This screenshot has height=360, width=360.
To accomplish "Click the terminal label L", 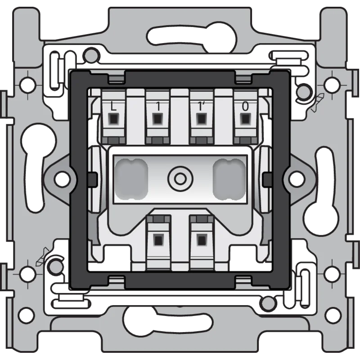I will tap(113, 107).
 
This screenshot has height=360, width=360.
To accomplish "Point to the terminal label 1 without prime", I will tap(157, 107).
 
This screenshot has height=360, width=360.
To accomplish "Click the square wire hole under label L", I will tap(113, 119).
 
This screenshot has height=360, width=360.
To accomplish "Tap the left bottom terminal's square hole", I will tap(158, 239).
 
